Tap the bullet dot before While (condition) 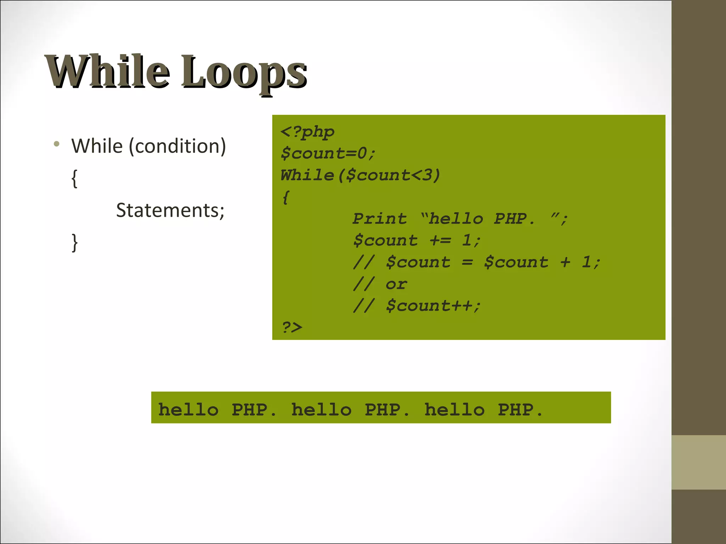click(x=56, y=144)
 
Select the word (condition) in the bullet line click(x=177, y=146)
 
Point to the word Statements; click(x=170, y=210)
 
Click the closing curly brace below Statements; click(x=74, y=243)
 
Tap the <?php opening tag click(x=307, y=132)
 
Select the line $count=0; click(x=328, y=153)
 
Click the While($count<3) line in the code click(x=360, y=175)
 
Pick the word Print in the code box click(x=380, y=219)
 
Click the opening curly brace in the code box click(x=286, y=197)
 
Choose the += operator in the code click(x=440, y=241)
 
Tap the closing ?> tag click(x=292, y=327)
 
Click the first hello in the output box click(x=188, y=410)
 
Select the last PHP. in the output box click(x=520, y=410)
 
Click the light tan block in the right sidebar click(x=698, y=462)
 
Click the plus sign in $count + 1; click(x=565, y=262)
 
